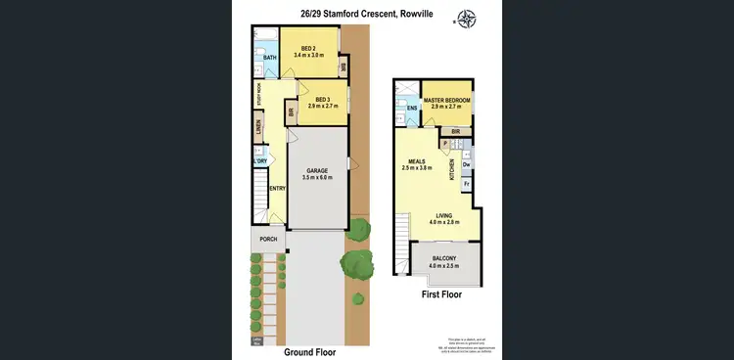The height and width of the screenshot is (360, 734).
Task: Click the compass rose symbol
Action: (x=467, y=19)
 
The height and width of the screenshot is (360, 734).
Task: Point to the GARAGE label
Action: (x=317, y=170)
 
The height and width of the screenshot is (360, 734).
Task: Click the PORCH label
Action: (x=267, y=239)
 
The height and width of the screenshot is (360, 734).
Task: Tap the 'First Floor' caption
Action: (x=440, y=293)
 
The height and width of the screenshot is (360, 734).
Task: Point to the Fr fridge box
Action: (x=466, y=183)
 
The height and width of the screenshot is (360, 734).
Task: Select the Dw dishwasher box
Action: (x=466, y=164)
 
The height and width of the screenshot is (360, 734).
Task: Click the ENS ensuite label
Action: (x=412, y=107)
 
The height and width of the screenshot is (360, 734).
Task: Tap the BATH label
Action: (x=270, y=58)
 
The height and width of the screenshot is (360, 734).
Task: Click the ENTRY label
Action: (x=276, y=189)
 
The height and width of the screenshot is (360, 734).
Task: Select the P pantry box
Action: (x=445, y=144)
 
